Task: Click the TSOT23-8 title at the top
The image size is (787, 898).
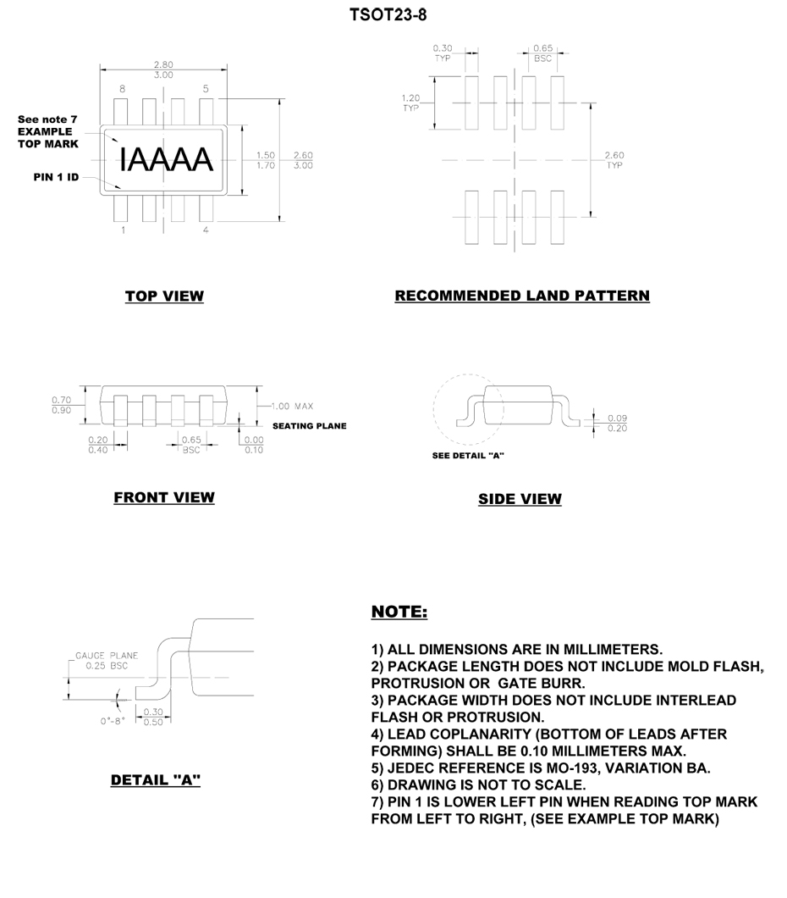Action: click(392, 15)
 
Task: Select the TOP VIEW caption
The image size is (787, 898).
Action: click(164, 296)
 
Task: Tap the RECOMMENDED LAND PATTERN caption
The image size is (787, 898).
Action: click(522, 296)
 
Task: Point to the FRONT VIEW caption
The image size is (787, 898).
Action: click(164, 497)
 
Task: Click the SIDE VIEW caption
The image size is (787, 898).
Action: click(520, 499)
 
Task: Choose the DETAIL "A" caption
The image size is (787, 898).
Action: click(156, 779)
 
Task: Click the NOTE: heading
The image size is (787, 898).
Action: click(399, 611)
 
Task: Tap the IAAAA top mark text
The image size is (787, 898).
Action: click(165, 159)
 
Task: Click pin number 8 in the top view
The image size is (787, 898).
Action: click(122, 88)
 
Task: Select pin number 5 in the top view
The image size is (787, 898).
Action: click(206, 88)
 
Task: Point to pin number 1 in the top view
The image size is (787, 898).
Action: click(124, 230)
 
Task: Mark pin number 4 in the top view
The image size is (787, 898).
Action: click(206, 230)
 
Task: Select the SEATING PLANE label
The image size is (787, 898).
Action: click(309, 426)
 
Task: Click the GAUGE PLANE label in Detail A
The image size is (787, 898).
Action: click(106, 655)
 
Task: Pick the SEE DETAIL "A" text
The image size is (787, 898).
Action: click(468, 455)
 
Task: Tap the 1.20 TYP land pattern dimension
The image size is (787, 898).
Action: click(410, 103)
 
